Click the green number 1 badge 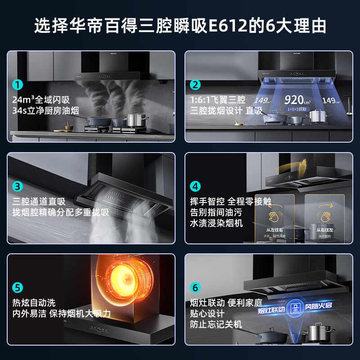coord(18,85)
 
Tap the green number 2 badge coord(195,85)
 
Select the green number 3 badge coord(18,186)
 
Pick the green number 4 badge coord(195,186)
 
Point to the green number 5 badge coord(18,288)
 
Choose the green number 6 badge coord(195,288)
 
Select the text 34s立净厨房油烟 coord(46,110)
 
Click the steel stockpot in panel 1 coord(136,120)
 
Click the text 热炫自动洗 coord(34,302)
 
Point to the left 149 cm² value coord(262,101)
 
